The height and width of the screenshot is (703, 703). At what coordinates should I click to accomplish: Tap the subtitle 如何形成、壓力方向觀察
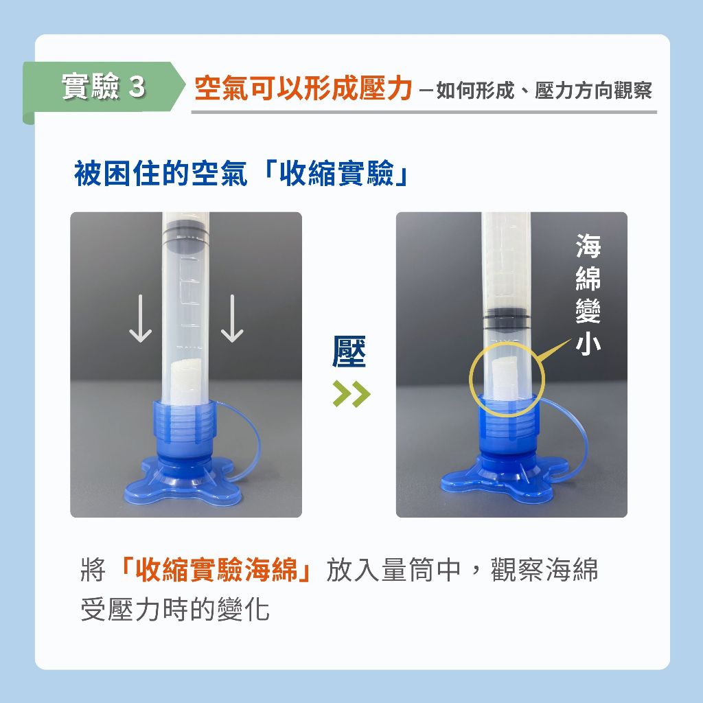[544, 90]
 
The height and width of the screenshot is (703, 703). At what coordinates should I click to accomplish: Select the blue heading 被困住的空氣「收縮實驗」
[241, 173]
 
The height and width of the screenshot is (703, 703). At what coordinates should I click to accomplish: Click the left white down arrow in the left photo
[140, 319]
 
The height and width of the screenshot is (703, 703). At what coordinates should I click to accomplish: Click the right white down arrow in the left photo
[232, 319]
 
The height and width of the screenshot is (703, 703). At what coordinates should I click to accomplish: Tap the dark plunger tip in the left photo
[185, 240]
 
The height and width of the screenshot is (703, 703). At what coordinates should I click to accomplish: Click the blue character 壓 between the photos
[349, 351]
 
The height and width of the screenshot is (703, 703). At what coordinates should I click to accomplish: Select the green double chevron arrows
[351, 393]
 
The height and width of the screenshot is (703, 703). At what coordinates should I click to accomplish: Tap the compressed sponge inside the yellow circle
[505, 379]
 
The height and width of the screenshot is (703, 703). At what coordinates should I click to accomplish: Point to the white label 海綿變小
[588, 294]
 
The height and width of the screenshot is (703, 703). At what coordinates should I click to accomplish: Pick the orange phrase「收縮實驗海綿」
[216, 569]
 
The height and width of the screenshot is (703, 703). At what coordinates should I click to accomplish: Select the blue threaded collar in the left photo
[184, 424]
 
